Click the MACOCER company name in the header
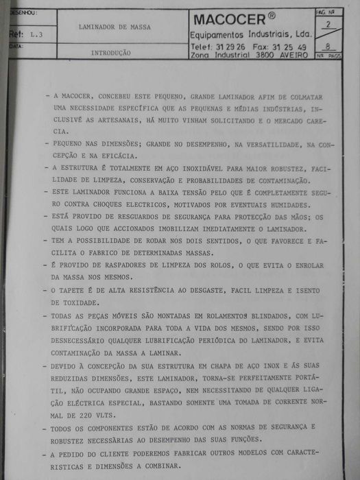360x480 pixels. coord(232,19)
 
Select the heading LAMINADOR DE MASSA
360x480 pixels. coord(115,28)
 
